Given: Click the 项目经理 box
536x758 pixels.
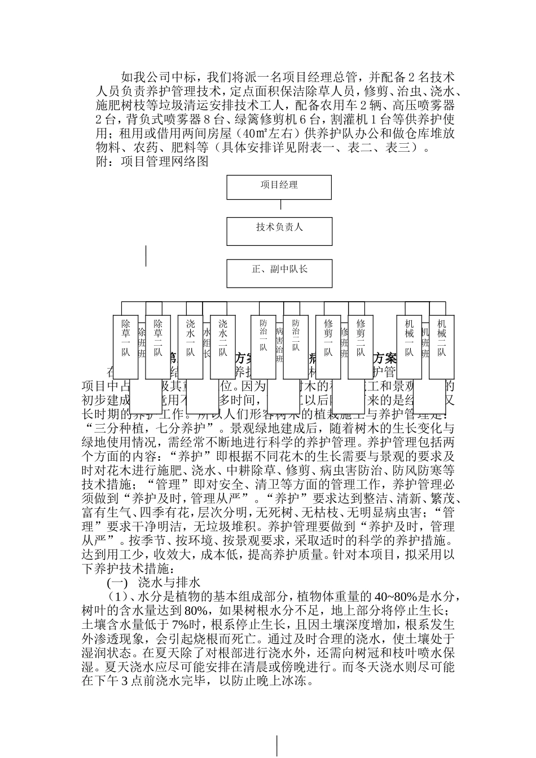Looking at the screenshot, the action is pyautogui.click(x=279, y=187).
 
